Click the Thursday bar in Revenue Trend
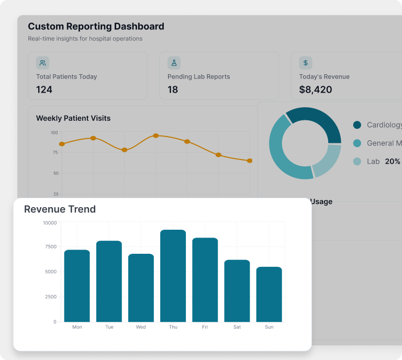pos(173,276)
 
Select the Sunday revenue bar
pos(269,294)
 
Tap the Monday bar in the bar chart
pos(77,286)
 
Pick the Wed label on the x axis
pos(141,327)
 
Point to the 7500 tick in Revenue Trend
pos(50,246)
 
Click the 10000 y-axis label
pos(49,223)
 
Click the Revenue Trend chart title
pos(60,209)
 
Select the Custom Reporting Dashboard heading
pos(96,26)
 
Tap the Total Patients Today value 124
pos(44,89)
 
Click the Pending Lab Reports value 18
pos(173,89)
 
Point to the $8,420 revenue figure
pos(315,89)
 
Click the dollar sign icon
pos(306,63)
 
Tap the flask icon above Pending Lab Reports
pos(174,63)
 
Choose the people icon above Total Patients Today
pos(43,63)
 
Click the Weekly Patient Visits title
pos(73,118)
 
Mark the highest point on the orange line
pos(155,136)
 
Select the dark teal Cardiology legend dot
pos(357,125)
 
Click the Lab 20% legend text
pos(383,161)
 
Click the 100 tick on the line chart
pos(54,132)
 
